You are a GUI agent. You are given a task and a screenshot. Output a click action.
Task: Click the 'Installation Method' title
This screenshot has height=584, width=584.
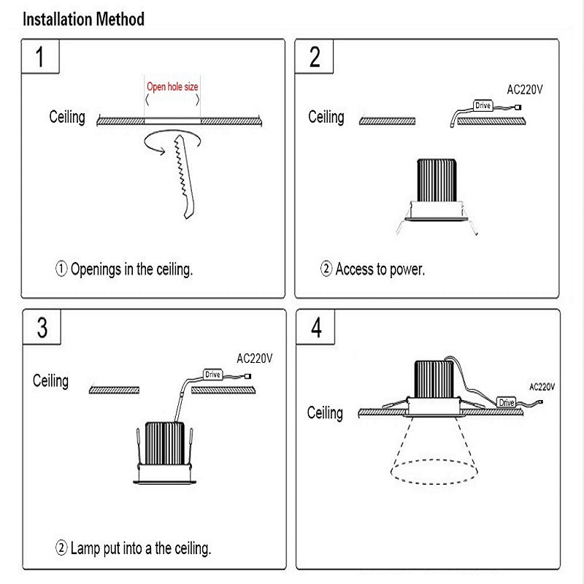click(83, 19)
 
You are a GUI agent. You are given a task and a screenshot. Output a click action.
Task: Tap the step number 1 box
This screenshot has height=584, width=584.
click(42, 57)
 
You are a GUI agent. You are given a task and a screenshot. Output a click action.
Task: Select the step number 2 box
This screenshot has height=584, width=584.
click(315, 57)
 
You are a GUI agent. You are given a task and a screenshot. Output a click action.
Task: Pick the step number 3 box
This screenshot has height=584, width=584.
click(42, 328)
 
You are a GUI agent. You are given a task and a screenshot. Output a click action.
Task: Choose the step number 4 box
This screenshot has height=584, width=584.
click(315, 328)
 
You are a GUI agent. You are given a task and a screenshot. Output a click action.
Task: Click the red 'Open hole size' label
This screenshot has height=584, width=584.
click(172, 87)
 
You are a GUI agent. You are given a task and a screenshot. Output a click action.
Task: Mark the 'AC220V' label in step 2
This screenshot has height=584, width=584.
click(525, 91)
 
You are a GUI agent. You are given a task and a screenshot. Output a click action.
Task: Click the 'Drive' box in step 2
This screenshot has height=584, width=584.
click(483, 106)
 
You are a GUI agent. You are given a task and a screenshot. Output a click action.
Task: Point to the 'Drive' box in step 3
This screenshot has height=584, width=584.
click(212, 374)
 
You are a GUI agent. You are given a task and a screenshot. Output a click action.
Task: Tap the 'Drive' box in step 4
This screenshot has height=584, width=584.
click(507, 402)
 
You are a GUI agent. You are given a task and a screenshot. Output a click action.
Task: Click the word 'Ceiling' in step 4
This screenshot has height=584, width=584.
click(325, 413)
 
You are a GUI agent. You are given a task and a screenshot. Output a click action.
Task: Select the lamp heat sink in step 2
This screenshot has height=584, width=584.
click(436, 180)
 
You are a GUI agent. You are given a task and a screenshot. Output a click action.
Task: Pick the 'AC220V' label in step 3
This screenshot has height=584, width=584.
click(255, 358)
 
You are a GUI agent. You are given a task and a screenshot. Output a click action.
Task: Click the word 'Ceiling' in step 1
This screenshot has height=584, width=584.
click(67, 117)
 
